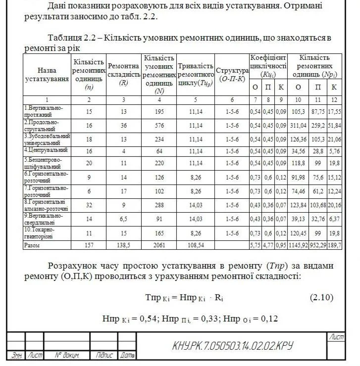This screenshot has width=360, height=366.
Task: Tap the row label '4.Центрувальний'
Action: tap(46, 150)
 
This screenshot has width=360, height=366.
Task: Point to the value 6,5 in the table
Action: tap(124, 220)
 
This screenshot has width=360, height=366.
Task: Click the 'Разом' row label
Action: tap(32, 245)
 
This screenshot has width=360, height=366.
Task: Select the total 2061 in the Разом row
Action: tap(159, 245)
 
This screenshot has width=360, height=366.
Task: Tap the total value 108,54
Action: tap(196, 245)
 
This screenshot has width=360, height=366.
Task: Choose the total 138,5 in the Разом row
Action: tap(124, 245)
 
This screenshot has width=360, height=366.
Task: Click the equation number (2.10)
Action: tap(322, 297)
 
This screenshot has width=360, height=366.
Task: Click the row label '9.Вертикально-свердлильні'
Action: tap(47, 220)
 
